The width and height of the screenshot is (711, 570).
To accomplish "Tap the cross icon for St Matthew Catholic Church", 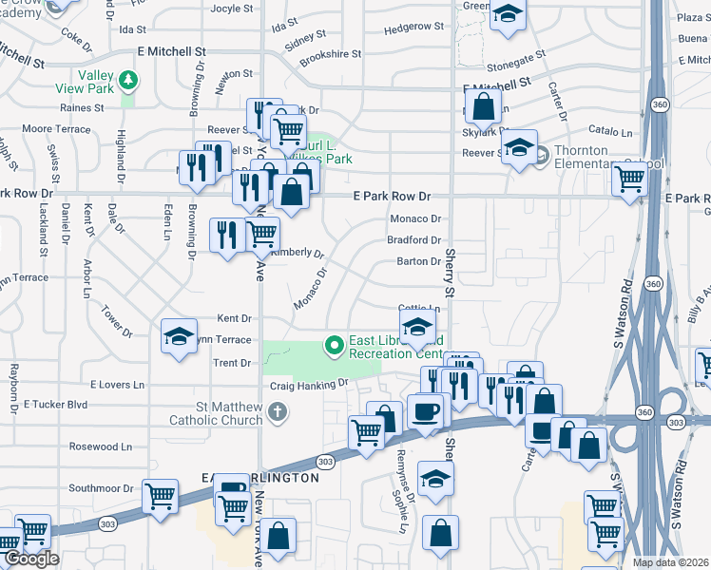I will tap(277, 410).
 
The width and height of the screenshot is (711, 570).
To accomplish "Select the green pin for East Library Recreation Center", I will tap(334, 345).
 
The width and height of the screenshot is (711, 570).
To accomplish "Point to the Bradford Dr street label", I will tap(413, 240).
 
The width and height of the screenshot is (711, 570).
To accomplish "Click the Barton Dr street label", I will tap(418, 261).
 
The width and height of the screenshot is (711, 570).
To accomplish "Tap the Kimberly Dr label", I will tap(297, 254).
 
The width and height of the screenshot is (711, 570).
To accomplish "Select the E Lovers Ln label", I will tap(117, 385).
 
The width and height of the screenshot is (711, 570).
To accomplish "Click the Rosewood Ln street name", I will tap(106, 446).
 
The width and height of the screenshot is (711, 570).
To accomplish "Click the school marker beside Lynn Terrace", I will tap(179, 337).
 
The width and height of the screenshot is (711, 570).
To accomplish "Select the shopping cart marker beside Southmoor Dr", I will tap(161, 495).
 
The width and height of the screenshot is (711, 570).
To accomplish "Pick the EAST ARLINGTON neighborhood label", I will tap(260, 478).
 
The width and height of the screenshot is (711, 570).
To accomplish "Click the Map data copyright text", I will tap(671, 562).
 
